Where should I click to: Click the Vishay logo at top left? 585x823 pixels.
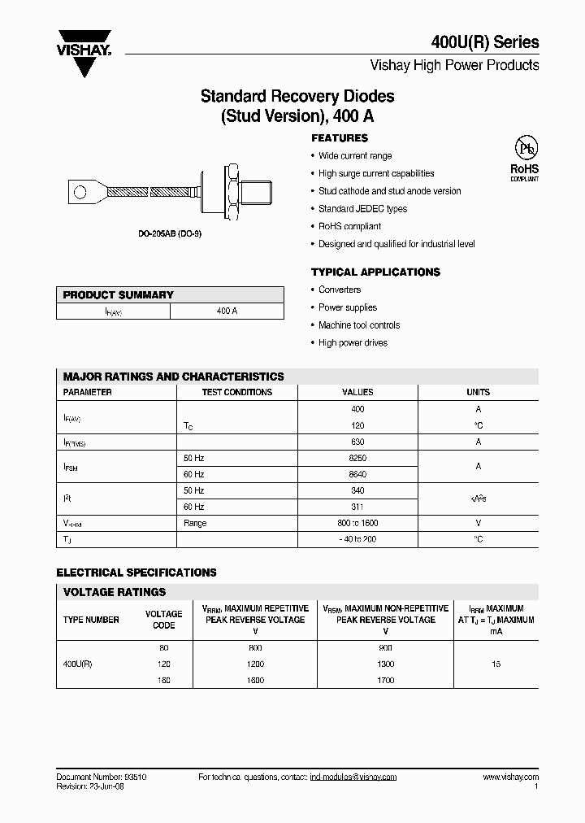(83, 53)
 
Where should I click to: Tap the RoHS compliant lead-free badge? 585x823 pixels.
(524, 158)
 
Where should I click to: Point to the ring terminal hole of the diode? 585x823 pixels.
(80, 193)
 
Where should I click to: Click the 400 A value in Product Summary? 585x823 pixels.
(227, 311)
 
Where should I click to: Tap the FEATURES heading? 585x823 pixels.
(340, 138)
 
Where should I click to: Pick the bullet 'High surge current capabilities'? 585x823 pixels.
(376, 173)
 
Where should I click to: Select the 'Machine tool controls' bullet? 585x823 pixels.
(358, 325)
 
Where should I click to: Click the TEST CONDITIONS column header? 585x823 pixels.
(236, 392)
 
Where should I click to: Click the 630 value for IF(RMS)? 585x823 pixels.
(357, 442)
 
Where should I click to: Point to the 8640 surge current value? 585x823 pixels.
(357, 474)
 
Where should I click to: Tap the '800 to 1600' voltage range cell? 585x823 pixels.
(357, 523)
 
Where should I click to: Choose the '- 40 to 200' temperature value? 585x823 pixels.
(357, 539)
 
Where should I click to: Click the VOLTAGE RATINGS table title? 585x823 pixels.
(115, 592)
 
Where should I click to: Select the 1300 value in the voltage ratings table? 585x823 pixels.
(386, 664)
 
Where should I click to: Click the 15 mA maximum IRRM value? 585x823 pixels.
(496, 664)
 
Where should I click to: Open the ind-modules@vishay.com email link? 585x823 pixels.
(353, 777)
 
